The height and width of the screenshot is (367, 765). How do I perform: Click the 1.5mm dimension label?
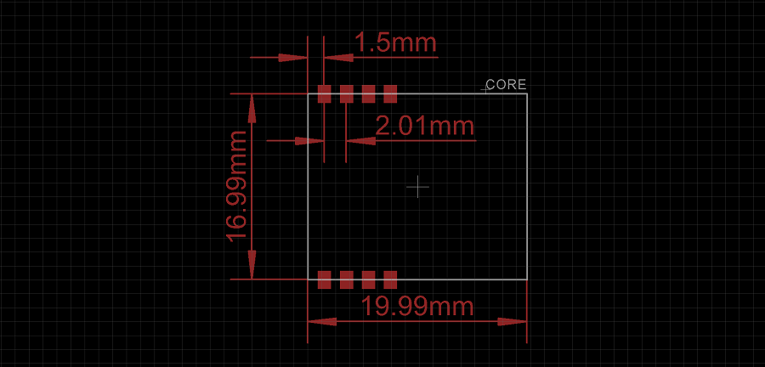(394, 42)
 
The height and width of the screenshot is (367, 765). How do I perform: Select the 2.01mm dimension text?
(424, 127)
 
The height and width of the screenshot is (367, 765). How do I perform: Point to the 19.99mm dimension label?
(417, 307)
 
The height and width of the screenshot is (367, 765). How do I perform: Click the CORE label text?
(507, 85)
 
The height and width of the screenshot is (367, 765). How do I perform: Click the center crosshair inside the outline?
(417, 186)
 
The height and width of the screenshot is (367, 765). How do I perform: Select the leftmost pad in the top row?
(324, 93)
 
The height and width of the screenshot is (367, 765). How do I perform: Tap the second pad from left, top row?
(346, 93)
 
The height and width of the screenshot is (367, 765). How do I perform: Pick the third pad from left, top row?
(368, 93)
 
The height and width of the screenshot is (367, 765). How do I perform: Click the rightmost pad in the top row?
(390, 93)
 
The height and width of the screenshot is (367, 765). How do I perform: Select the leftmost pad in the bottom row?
(324, 279)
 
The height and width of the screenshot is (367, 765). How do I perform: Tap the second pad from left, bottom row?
(346, 279)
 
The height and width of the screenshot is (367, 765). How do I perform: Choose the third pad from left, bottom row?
(368, 279)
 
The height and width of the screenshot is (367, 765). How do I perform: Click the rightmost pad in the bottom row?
(390, 279)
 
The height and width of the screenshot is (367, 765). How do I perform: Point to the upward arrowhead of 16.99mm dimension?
(252, 107)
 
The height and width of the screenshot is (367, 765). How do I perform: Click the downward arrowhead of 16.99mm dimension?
(252, 265)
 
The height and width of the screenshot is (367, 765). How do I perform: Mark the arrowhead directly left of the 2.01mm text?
(360, 141)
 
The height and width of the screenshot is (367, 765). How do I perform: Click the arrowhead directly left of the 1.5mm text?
(339, 58)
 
